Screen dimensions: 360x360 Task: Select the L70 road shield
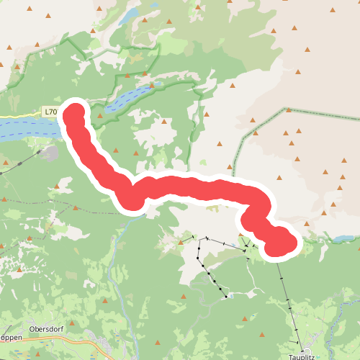(x=50, y=112)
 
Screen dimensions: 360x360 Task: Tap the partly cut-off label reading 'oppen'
(x=9, y=337)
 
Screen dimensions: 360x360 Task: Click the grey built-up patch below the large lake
(x=49, y=153)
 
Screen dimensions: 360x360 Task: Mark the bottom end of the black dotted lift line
(x=227, y=296)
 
